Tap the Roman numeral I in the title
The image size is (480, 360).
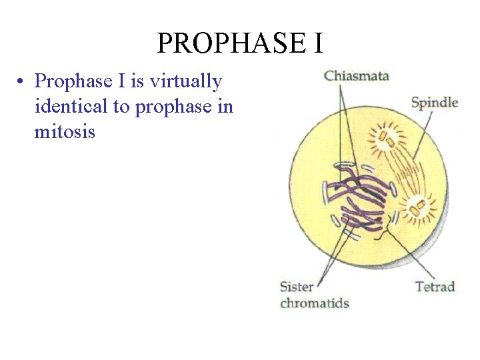click(317, 43)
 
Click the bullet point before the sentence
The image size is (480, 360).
click(22, 82)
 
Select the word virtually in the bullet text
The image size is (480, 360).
click(186, 81)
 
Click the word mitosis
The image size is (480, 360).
click(65, 131)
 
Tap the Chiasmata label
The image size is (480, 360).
click(356, 75)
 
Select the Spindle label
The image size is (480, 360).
click(434, 102)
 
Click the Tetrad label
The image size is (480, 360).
click(435, 287)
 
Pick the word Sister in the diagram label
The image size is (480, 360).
click(297, 287)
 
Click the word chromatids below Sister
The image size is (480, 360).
click(314, 303)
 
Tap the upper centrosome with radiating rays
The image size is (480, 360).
click(386, 139)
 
